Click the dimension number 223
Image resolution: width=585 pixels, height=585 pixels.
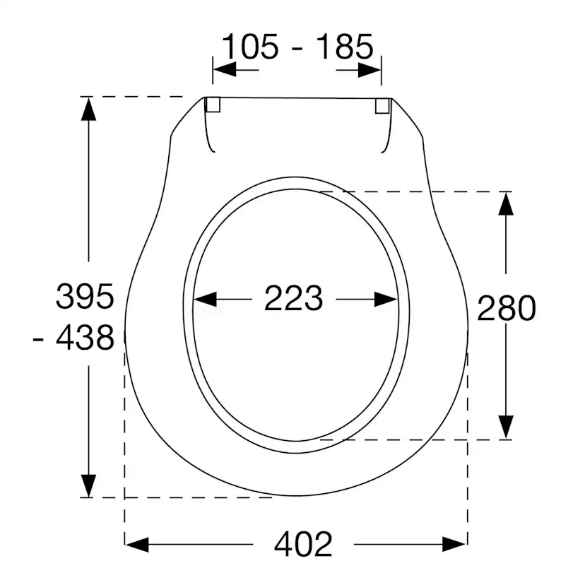[x=293, y=298]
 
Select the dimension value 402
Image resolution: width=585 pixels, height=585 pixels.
[x=303, y=544]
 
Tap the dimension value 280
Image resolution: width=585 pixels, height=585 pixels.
[x=507, y=308]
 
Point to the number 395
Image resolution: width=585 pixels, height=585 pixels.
[x=85, y=296]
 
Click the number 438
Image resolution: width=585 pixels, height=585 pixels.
[x=85, y=337]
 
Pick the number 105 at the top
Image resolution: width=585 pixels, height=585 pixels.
[x=250, y=47]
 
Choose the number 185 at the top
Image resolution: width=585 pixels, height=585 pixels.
[x=344, y=47]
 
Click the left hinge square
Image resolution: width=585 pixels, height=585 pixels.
[x=213, y=105]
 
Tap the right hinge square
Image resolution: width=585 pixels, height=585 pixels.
[x=382, y=105]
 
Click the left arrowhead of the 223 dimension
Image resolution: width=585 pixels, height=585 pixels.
[x=205, y=300]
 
